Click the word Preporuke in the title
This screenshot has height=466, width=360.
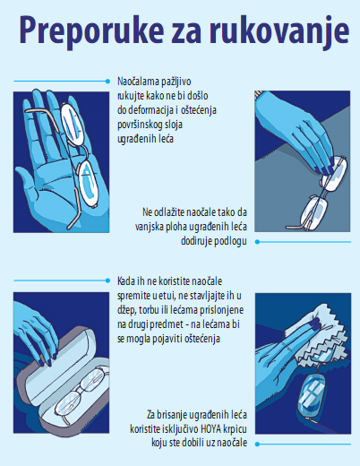[x=91, y=31]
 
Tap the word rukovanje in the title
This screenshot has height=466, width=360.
[x=279, y=31]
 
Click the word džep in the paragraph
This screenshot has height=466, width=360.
[x=127, y=310]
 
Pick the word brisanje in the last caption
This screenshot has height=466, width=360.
[x=173, y=415]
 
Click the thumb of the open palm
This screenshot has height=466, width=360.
[x=28, y=182]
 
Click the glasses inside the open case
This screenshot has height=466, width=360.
[x=81, y=394]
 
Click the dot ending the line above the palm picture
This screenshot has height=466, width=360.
[x=107, y=82]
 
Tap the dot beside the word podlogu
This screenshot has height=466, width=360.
[x=257, y=242]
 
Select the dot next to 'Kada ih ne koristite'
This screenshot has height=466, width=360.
[x=107, y=280]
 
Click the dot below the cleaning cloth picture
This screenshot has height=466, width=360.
[x=257, y=444]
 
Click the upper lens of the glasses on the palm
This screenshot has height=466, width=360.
[x=71, y=123]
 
